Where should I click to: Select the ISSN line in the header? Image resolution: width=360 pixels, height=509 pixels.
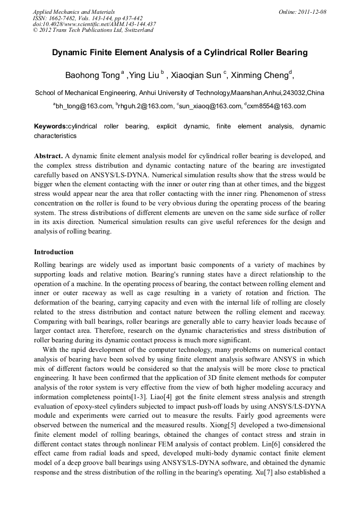(x=88, y=18)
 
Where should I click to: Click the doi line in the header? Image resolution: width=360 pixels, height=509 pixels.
(x=94, y=24)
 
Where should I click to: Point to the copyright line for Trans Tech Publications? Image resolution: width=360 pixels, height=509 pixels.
(x=93, y=30)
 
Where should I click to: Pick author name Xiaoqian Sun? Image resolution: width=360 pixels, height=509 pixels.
(x=195, y=75)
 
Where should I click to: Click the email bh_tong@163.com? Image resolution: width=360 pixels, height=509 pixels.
(x=84, y=106)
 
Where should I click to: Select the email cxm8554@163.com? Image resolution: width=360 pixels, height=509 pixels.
(x=276, y=106)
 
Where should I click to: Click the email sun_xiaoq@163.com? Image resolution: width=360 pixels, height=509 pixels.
(x=210, y=106)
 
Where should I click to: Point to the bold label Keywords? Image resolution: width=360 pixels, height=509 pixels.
(x=51, y=126)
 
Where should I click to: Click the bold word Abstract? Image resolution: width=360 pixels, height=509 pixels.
(x=48, y=156)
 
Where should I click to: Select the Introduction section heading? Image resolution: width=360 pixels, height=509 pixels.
(x=54, y=252)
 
